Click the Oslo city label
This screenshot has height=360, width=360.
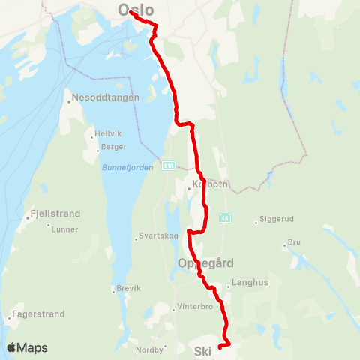[136, 10]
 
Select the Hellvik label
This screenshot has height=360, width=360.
[103, 136]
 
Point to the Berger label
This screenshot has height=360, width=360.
[112, 147]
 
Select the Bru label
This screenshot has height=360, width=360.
[294, 243]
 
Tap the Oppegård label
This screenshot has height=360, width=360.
[206, 263]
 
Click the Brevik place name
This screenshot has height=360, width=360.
[129, 288]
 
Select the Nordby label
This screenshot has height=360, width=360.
[149, 349]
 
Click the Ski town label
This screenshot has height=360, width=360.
[202, 350]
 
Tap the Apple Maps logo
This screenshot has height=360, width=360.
[28, 347]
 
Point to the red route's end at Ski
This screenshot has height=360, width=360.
[219, 346]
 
